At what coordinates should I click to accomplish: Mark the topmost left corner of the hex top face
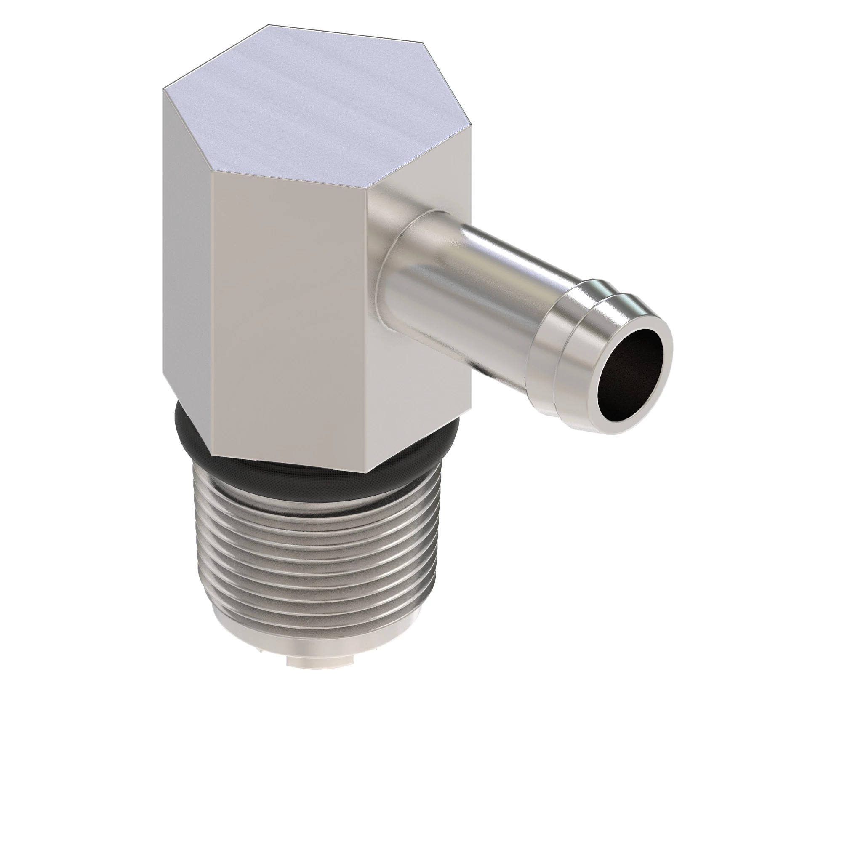(268, 25)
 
